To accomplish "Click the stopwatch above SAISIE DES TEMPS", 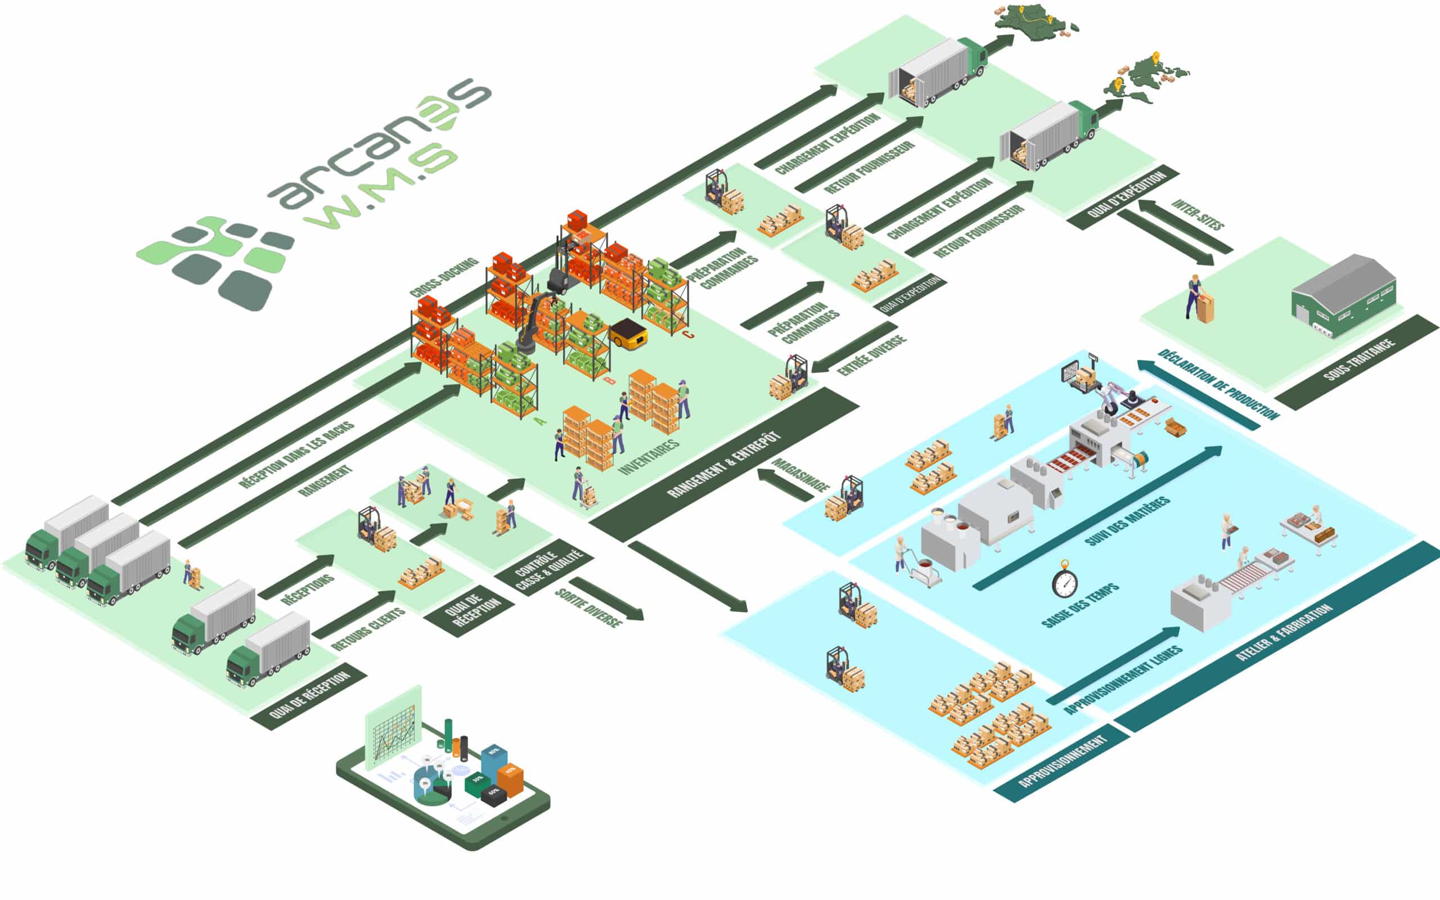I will [x=1064, y=579].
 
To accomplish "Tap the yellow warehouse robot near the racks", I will [x=628, y=334].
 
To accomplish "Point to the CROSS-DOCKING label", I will [x=444, y=277].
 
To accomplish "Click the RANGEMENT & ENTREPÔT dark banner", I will [x=723, y=464].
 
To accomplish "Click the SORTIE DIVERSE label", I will [x=588, y=607].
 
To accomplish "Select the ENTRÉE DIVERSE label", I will [x=872, y=355].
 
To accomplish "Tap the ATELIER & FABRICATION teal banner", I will [x=1284, y=632].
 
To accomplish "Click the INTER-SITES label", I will [x=1198, y=214].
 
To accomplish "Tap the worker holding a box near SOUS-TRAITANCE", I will [x=1195, y=298].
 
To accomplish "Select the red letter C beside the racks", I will [x=688, y=335].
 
